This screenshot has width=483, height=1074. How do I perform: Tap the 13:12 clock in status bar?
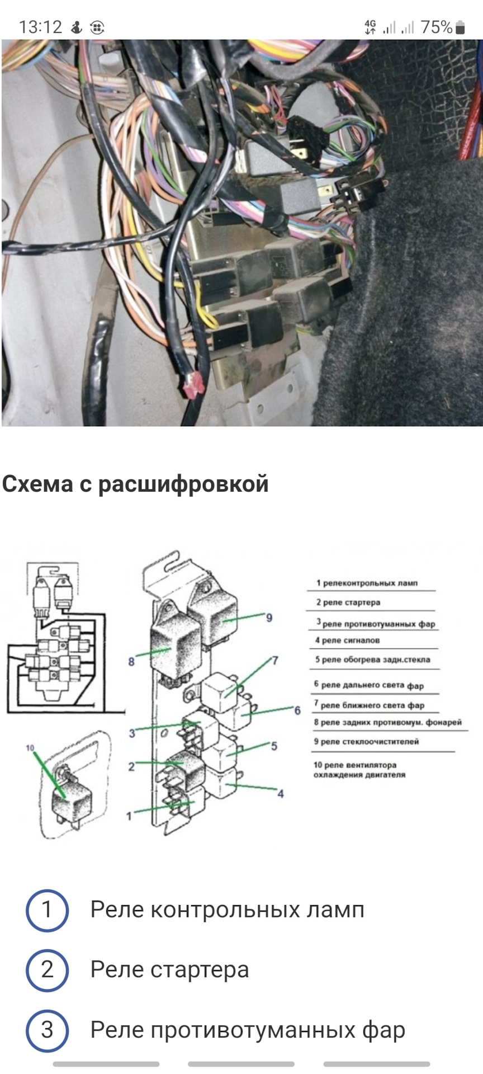pos(40,27)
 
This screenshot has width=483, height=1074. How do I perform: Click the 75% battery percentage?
pos(436,27)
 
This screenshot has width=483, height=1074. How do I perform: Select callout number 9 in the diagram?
pos(269,618)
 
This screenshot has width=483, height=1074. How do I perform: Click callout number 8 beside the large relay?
pos(131,662)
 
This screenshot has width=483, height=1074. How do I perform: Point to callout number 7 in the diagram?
pos(274,661)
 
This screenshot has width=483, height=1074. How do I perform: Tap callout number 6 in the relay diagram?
pos(297,710)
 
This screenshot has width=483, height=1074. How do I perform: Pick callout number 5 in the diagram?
pos(274,746)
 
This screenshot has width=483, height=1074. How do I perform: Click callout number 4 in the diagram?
pos(281,793)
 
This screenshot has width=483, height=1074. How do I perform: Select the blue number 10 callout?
pos(30,748)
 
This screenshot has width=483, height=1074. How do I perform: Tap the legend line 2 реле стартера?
pos(348,602)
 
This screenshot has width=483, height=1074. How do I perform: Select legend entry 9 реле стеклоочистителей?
pos(366,741)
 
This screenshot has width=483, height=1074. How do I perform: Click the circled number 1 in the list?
pos(47,910)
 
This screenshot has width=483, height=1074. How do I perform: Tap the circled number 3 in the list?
pos(47,1030)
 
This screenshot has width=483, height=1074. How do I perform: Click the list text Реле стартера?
pos(169,970)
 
